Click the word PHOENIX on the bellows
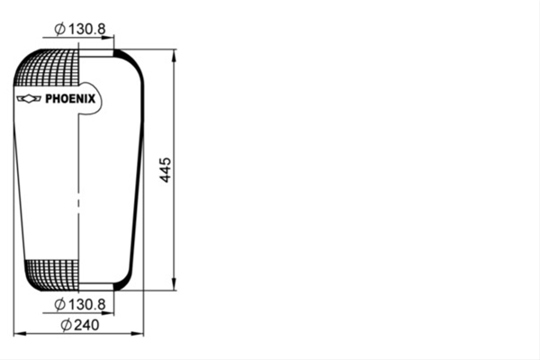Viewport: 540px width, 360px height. coord(70,99)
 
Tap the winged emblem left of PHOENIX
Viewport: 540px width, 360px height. coord(29,98)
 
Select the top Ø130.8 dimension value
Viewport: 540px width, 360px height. coord(80,29)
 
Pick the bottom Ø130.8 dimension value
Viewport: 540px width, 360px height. coord(80,304)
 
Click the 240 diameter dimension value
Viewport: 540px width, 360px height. coord(80,325)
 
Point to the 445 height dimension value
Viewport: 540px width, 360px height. coord(166,170)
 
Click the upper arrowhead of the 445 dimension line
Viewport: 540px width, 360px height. coord(174,56)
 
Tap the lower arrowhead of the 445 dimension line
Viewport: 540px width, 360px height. coord(174,283)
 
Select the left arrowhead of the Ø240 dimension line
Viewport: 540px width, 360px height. coord(20,334)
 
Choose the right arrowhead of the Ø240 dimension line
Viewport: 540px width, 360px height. coord(138,334)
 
